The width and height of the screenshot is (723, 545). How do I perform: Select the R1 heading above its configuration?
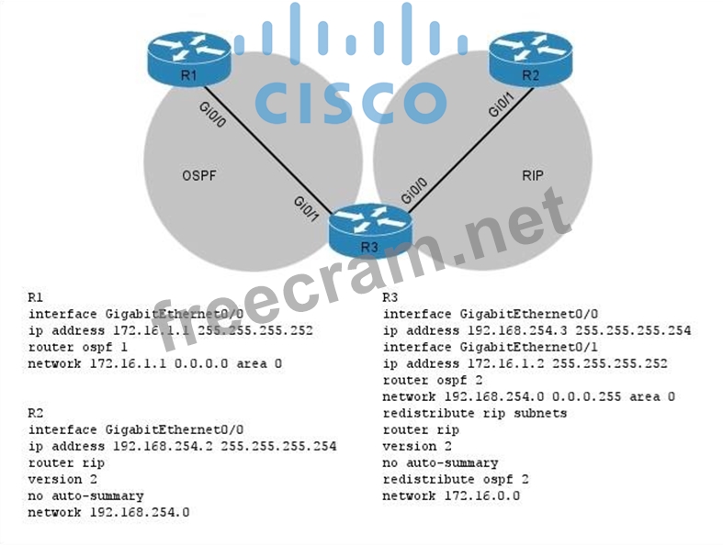coord(36,296)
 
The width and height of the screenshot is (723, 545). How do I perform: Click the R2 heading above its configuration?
coord(36,413)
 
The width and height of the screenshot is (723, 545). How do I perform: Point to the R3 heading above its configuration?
coord(390,296)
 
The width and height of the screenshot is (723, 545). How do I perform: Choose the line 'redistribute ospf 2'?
coord(455,479)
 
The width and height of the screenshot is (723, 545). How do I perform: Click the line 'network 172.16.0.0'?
coord(451,495)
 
